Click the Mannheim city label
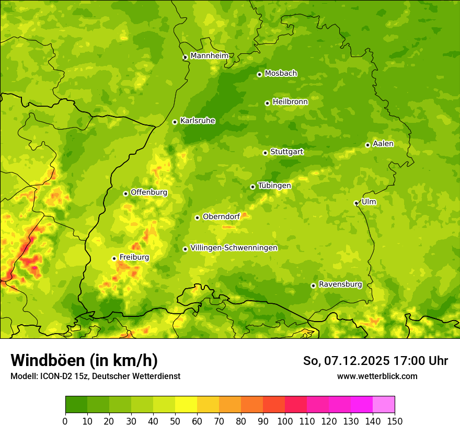tap(210, 56)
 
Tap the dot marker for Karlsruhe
tap(175, 122)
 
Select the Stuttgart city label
tap(286, 152)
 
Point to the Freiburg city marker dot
tap(114, 258)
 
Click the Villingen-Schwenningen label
tap(234, 248)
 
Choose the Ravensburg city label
tap(340, 284)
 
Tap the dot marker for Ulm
tap(356, 203)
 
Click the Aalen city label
tap(383, 144)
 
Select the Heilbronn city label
tap(290, 102)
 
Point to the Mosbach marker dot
tap(259, 74)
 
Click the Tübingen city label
tap(274, 186)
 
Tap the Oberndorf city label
tap(221, 216)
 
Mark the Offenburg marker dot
tap(125, 193)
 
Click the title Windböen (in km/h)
tap(84, 360)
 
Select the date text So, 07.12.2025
tap(347, 361)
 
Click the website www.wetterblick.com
tap(377, 376)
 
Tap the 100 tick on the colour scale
tap(285, 421)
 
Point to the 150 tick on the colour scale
tap(395, 421)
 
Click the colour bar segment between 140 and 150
tap(384, 405)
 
